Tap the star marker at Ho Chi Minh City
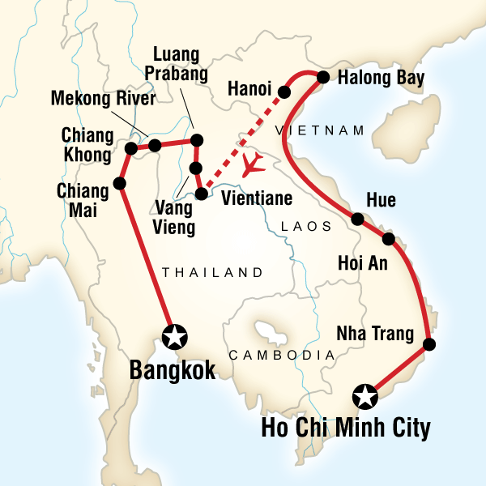pyautogui.click(x=365, y=397)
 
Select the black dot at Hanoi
pyautogui.click(x=285, y=91)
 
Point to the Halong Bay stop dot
pyautogui.click(x=322, y=78)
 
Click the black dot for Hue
pyautogui.click(x=357, y=219)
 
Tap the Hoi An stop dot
pyautogui.click(x=388, y=239)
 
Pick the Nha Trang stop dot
pyautogui.click(x=430, y=344)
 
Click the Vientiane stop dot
pyautogui.click(x=201, y=194)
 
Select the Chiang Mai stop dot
pyautogui.click(x=120, y=184)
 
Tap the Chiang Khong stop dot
pyautogui.click(x=130, y=148)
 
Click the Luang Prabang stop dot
pyautogui.click(x=196, y=141)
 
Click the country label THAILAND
pyautogui.click(x=213, y=272)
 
